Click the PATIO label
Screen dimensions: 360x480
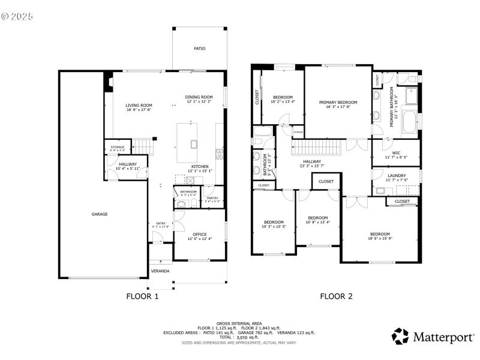pos(199,49)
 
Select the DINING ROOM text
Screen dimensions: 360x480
pos(199,97)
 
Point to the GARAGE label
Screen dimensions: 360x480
pos(100,214)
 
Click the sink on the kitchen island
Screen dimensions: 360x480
pos(194,143)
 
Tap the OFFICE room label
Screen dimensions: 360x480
pos(199,234)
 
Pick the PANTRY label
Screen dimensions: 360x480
pos(212,198)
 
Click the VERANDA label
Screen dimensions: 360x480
pos(160,271)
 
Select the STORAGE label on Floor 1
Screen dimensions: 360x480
pos(117,146)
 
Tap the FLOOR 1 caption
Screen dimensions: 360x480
pos(142,296)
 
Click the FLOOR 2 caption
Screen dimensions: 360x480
pos(336,296)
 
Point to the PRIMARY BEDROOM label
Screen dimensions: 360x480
pos(338,103)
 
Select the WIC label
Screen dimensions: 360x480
pos(396,152)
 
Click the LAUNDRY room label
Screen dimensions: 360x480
pos(397,175)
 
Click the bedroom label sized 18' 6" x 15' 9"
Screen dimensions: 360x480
pos(380,234)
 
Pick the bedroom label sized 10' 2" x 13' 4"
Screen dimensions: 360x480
pos(283,97)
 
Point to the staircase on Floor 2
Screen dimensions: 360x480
pos(317,146)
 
